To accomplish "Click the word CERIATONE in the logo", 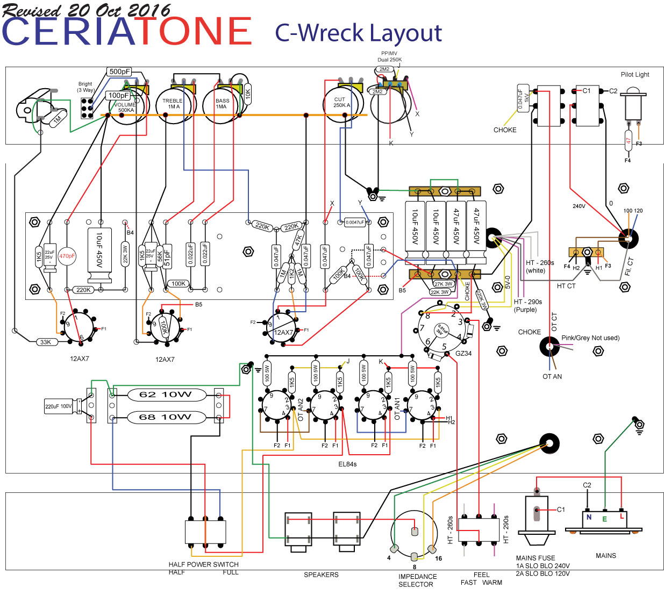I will coord(127,31).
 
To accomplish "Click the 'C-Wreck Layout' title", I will coord(358,33).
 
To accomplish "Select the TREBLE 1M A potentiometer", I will coord(173,105).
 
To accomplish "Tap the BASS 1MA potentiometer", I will coord(221,105).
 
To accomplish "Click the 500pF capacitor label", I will coord(119,71).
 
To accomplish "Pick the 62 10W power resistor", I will coord(166,395).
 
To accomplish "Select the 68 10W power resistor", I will coord(166,417).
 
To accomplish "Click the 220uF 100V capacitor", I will coord(59,406).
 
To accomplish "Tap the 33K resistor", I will coord(46,342).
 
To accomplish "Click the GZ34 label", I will coord(463,354).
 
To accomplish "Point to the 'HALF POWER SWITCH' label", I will coord(203,564).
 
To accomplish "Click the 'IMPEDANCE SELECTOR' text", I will coord(417,580).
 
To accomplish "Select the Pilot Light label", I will coord(635,75).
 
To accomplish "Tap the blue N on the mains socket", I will coord(589,518).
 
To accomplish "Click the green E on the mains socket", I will coord(605,519).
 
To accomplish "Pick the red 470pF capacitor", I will coord(67,256).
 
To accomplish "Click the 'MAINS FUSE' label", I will coord(536,558).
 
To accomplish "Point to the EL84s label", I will coord(347,464).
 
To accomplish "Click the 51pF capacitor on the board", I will coord(167,255).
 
